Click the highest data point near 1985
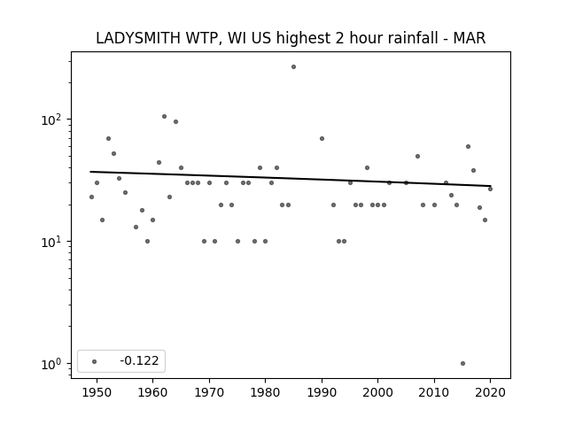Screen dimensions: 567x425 (x=293, y=67)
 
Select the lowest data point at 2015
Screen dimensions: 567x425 (x=462, y=364)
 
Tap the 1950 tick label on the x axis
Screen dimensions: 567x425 (x=97, y=392)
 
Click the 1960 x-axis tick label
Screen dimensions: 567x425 (x=152, y=392)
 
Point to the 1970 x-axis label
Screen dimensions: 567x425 (x=209, y=392)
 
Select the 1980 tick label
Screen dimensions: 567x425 (x=265, y=392)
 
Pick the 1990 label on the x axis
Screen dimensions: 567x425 (x=322, y=392)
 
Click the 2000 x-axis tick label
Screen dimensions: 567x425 (x=377, y=392)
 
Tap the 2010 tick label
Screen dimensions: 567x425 (x=434, y=392)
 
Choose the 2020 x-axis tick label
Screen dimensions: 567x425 (x=490, y=392)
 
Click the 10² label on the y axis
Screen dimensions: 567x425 (x=53, y=120)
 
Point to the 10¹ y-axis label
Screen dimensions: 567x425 (x=53, y=242)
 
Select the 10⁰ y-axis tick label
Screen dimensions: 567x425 (x=53, y=364)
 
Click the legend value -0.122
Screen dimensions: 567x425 (x=139, y=360)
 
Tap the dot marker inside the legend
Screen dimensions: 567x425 (x=95, y=361)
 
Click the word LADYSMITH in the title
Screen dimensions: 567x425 (x=138, y=38)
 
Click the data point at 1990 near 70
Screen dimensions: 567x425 (x=322, y=138)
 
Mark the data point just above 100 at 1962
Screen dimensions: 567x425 (x=164, y=116)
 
